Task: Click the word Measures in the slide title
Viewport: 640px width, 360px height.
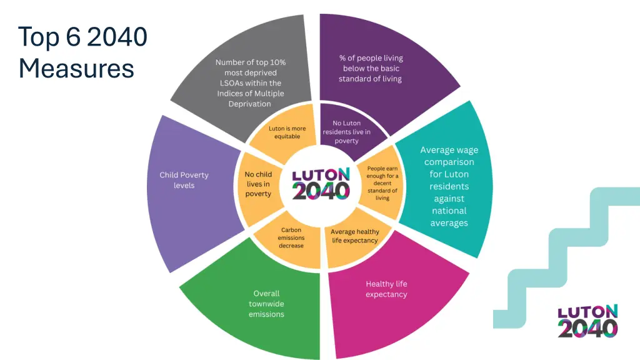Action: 76,67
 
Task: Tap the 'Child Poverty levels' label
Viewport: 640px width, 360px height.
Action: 184,180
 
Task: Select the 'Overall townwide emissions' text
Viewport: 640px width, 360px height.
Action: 266,303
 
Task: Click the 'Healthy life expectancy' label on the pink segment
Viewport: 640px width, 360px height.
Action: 386,289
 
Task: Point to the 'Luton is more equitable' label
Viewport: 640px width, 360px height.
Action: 287,132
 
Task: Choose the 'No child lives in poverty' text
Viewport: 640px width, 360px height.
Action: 258,184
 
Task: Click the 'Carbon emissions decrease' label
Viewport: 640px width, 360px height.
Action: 291,237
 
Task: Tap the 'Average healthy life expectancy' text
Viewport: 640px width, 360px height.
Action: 355,236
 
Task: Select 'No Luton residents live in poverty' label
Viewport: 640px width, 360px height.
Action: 346,132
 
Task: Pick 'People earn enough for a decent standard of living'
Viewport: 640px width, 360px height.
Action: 382,183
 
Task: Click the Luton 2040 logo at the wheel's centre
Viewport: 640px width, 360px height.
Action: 321,182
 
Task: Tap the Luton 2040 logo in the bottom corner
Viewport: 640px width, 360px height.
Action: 587,321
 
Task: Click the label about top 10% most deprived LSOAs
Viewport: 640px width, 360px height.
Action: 250,83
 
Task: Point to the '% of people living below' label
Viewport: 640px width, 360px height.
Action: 371,68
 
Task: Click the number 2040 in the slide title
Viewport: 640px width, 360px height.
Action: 117,37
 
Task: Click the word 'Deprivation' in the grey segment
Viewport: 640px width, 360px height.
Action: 250,104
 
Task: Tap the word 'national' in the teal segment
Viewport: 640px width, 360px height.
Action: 449,211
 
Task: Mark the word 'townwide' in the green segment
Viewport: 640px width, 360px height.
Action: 266,304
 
